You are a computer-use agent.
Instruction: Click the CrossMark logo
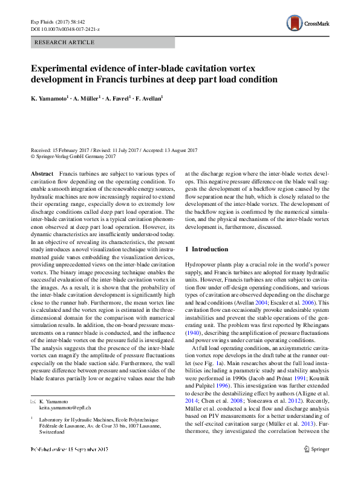[x=309, y=24]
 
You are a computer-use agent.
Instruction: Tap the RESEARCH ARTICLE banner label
[x=65, y=42]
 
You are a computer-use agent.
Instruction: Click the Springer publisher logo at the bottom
[x=317, y=466]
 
